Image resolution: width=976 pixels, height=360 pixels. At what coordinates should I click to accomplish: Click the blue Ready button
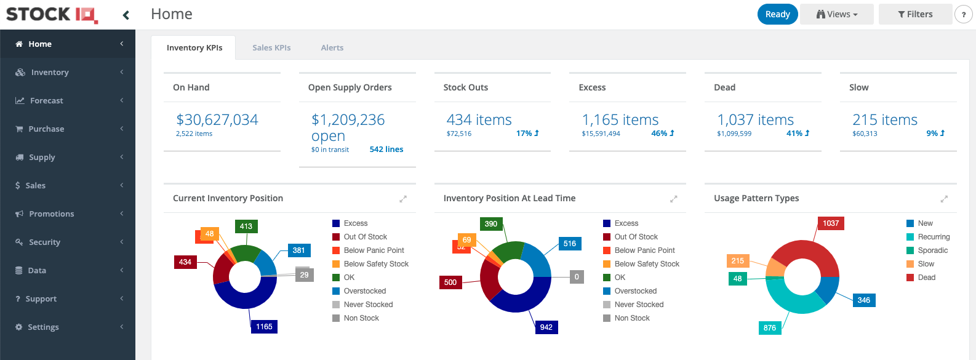tap(777, 14)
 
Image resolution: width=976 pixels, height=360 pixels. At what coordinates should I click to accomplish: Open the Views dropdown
tap(836, 14)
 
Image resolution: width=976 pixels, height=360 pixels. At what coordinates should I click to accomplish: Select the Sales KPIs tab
tap(271, 47)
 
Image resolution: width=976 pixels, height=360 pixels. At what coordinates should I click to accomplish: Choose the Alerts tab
tap(332, 47)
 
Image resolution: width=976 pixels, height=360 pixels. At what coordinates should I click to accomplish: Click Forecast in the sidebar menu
tap(47, 100)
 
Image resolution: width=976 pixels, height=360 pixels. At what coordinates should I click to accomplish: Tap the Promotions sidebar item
tap(51, 214)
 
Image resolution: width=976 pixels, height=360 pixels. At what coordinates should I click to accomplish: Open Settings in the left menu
tap(43, 327)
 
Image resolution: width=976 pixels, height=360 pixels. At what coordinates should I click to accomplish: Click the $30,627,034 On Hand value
tap(217, 119)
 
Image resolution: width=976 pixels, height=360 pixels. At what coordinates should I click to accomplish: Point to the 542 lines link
tap(386, 149)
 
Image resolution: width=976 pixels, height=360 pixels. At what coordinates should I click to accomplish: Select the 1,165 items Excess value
tap(620, 119)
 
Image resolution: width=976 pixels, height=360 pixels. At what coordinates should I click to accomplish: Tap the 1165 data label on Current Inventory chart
tap(264, 327)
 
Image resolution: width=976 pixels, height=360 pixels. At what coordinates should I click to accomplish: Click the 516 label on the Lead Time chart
tap(570, 244)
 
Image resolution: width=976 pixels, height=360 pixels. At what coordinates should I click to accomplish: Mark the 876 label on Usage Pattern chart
tap(770, 328)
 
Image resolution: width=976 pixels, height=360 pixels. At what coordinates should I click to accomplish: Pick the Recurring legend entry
tap(934, 237)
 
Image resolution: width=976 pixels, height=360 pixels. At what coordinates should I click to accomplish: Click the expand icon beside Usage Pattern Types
tap(944, 199)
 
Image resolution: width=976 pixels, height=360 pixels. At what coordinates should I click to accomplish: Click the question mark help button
tap(963, 14)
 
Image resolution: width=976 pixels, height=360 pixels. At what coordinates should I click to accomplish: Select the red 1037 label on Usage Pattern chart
tap(831, 223)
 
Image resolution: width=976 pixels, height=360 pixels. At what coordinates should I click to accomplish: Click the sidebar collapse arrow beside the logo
tap(126, 15)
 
